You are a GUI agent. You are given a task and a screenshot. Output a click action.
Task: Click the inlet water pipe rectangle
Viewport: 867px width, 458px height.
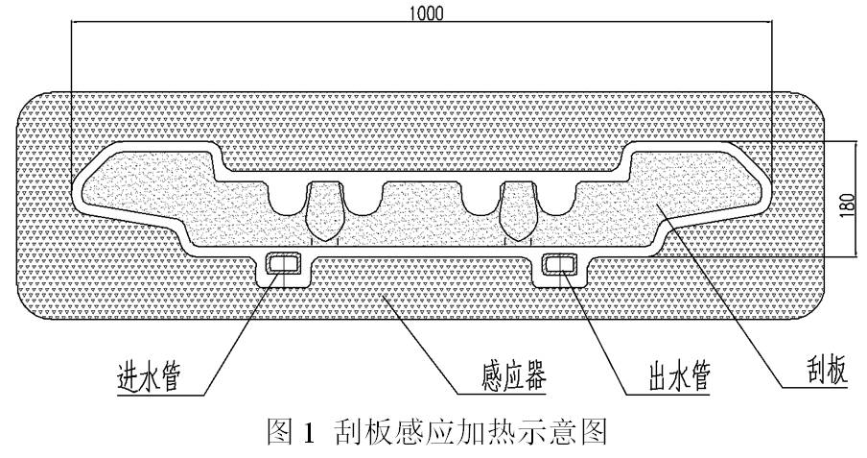(283, 261)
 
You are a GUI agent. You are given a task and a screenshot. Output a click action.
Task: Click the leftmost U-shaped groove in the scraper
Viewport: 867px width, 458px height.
(286, 197)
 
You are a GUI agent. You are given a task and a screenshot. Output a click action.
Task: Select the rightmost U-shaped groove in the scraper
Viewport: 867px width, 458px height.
(553, 197)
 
